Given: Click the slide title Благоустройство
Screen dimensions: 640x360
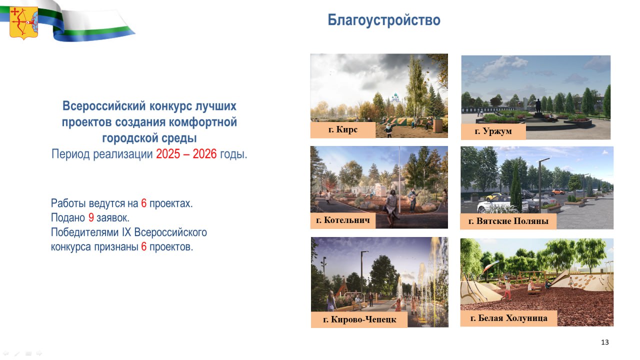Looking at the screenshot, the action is point(383,20).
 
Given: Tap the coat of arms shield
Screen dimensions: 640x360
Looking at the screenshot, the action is point(23,23).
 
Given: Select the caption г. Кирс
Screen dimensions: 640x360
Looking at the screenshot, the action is point(343,129).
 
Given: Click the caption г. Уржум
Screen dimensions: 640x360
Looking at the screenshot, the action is point(493,131).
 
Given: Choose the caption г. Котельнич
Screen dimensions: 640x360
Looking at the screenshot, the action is point(343,220).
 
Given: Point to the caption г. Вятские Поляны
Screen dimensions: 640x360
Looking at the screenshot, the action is point(508,221).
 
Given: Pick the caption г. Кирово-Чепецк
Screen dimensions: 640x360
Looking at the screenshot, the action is point(359,319).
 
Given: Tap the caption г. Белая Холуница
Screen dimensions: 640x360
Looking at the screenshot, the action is point(508,318).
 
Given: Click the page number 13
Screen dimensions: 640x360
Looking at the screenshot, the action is point(605,342).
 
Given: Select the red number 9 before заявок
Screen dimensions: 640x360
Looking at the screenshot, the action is point(91,217).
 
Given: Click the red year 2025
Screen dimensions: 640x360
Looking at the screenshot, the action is point(168,154).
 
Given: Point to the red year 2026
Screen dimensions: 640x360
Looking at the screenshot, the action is point(204,154).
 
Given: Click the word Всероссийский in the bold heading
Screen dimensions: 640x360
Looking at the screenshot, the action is point(104,106).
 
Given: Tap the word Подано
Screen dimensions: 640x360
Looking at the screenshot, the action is point(67,217).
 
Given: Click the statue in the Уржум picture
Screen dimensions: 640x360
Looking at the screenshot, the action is point(538,106).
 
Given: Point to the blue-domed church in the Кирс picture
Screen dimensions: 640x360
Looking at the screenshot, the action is point(395,98).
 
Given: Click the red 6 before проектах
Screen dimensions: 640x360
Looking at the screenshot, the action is point(143,203).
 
